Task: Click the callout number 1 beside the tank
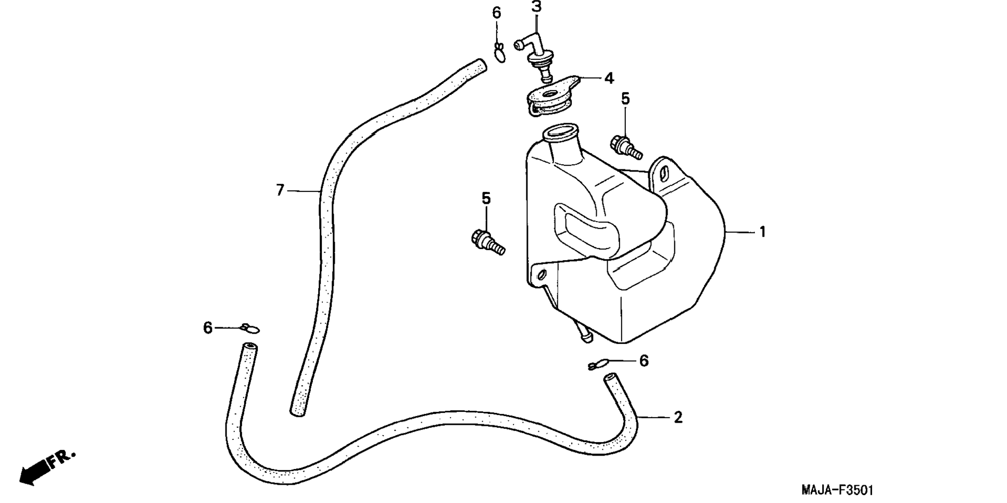pos(762,232)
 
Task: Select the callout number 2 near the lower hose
pos(677,418)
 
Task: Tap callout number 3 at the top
pos(536,7)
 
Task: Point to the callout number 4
pos(609,79)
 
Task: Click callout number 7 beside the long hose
pos(280,191)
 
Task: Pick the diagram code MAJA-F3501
pos(837,490)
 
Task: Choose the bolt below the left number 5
pos(487,241)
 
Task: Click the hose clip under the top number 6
pos(499,52)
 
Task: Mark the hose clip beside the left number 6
pos(250,328)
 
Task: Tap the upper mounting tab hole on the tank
pos(663,174)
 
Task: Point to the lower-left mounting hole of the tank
pos(541,274)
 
